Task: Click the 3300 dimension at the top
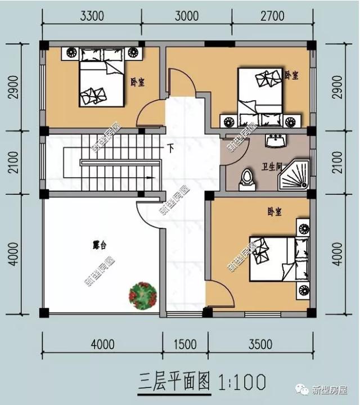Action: (x=92, y=16)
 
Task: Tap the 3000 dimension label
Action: (x=187, y=16)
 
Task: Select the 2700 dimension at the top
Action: (x=272, y=16)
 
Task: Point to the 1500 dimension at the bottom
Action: (x=185, y=344)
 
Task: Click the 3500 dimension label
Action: (x=260, y=344)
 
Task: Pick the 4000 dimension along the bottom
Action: (x=102, y=344)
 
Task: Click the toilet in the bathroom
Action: (x=247, y=180)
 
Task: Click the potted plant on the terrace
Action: (x=143, y=296)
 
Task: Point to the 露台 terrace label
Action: (x=100, y=245)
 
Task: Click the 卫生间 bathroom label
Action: (x=271, y=167)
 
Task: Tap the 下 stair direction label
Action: (x=170, y=148)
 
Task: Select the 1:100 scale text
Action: (x=242, y=382)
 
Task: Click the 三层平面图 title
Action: (x=174, y=382)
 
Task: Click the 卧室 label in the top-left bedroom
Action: (x=137, y=82)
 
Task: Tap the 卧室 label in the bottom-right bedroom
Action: (x=274, y=212)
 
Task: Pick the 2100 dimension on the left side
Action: (x=13, y=162)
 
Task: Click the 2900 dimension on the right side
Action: (x=337, y=87)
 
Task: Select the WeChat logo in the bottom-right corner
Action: (x=303, y=389)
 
